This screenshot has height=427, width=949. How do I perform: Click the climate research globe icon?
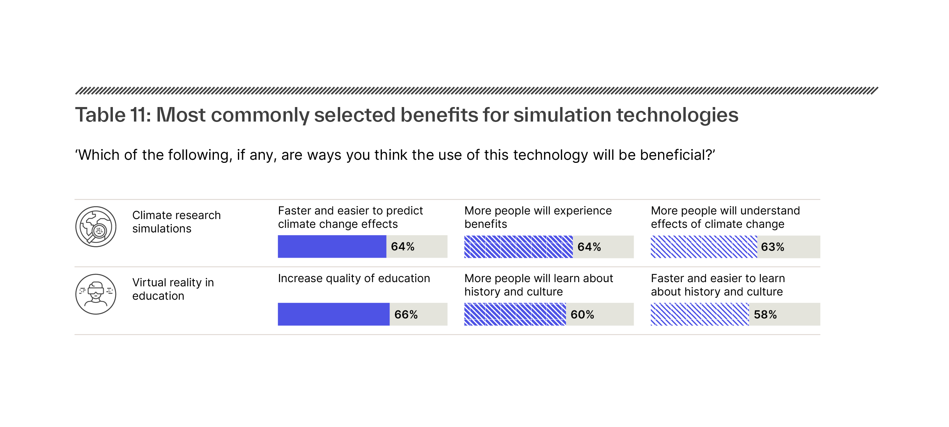tap(96, 227)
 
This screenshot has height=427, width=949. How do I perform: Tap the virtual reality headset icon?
tap(96, 294)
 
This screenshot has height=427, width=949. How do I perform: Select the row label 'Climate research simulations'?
tap(176, 222)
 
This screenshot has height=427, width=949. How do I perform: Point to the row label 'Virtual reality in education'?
tap(173, 289)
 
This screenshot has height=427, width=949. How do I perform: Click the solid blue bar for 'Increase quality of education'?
tap(333, 314)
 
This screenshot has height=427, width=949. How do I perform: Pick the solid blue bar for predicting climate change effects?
tap(332, 247)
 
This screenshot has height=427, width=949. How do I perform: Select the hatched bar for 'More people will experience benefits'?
tap(518, 247)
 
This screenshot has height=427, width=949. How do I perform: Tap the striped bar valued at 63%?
tap(703, 247)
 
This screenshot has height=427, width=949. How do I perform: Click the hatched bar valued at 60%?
tap(515, 314)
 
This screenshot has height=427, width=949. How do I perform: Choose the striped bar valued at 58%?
tap(700, 314)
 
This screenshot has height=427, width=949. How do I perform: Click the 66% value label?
tap(406, 315)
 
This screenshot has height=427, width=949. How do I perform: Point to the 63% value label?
tap(773, 247)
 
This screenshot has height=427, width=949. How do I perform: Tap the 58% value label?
tap(765, 315)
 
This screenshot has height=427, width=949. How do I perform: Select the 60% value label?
tap(582, 315)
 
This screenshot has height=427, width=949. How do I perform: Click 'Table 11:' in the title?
tap(113, 115)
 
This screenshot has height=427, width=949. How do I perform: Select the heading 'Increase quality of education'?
tap(354, 278)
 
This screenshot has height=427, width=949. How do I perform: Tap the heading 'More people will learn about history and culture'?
tap(538, 285)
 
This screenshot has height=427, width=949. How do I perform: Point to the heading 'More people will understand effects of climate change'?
tap(725, 217)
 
